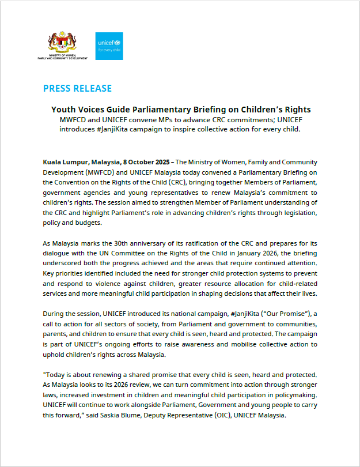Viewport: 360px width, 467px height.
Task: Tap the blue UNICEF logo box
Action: click(x=109, y=46)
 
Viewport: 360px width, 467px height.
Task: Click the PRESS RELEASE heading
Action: click(x=77, y=88)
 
